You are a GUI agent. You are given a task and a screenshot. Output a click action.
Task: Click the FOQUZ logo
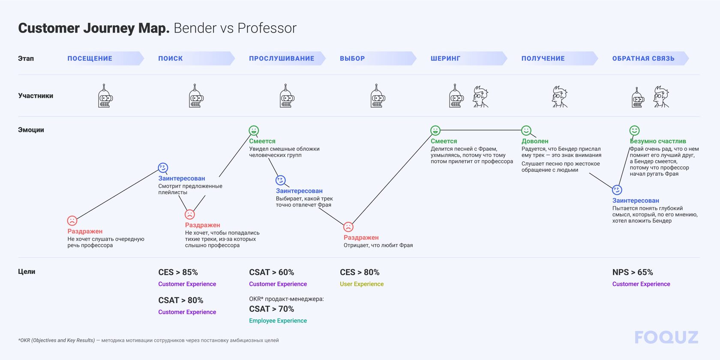(x=666, y=337)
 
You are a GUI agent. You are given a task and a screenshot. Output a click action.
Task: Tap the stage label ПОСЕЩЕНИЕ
(x=90, y=59)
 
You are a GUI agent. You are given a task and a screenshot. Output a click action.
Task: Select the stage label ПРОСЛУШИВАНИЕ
(x=282, y=59)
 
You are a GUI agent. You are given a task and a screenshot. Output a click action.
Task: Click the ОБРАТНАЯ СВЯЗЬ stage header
(x=643, y=59)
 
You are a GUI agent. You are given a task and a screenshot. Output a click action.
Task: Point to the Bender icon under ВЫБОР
(x=377, y=96)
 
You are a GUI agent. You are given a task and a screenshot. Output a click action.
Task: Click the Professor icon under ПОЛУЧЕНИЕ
(x=559, y=97)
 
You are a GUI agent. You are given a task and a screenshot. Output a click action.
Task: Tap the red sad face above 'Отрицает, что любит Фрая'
(x=348, y=227)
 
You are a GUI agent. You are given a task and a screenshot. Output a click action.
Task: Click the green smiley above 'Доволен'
(x=526, y=130)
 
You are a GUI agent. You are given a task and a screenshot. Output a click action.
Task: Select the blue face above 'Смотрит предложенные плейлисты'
(x=163, y=168)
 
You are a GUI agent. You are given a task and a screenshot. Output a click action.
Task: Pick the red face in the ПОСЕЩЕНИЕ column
(x=72, y=221)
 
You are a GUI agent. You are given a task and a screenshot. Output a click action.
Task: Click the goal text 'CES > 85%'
(x=178, y=272)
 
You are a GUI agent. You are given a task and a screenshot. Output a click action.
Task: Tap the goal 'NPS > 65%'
(x=632, y=272)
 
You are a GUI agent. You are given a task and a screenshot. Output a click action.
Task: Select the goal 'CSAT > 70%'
(x=271, y=309)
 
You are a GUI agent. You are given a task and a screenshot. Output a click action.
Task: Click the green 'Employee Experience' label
(x=278, y=321)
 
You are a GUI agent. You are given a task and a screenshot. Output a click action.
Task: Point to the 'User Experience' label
(x=361, y=284)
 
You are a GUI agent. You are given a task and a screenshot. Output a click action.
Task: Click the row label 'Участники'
(x=36, y=96)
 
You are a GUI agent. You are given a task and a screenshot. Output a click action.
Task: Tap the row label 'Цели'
(x=27, y=272)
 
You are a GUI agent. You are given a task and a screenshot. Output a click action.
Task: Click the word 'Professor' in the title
(x=267, y=28)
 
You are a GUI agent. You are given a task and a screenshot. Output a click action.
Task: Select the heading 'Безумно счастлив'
(x=658, y=141)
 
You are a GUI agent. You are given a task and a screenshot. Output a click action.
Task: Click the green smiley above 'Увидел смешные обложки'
(x=254, y=130)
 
